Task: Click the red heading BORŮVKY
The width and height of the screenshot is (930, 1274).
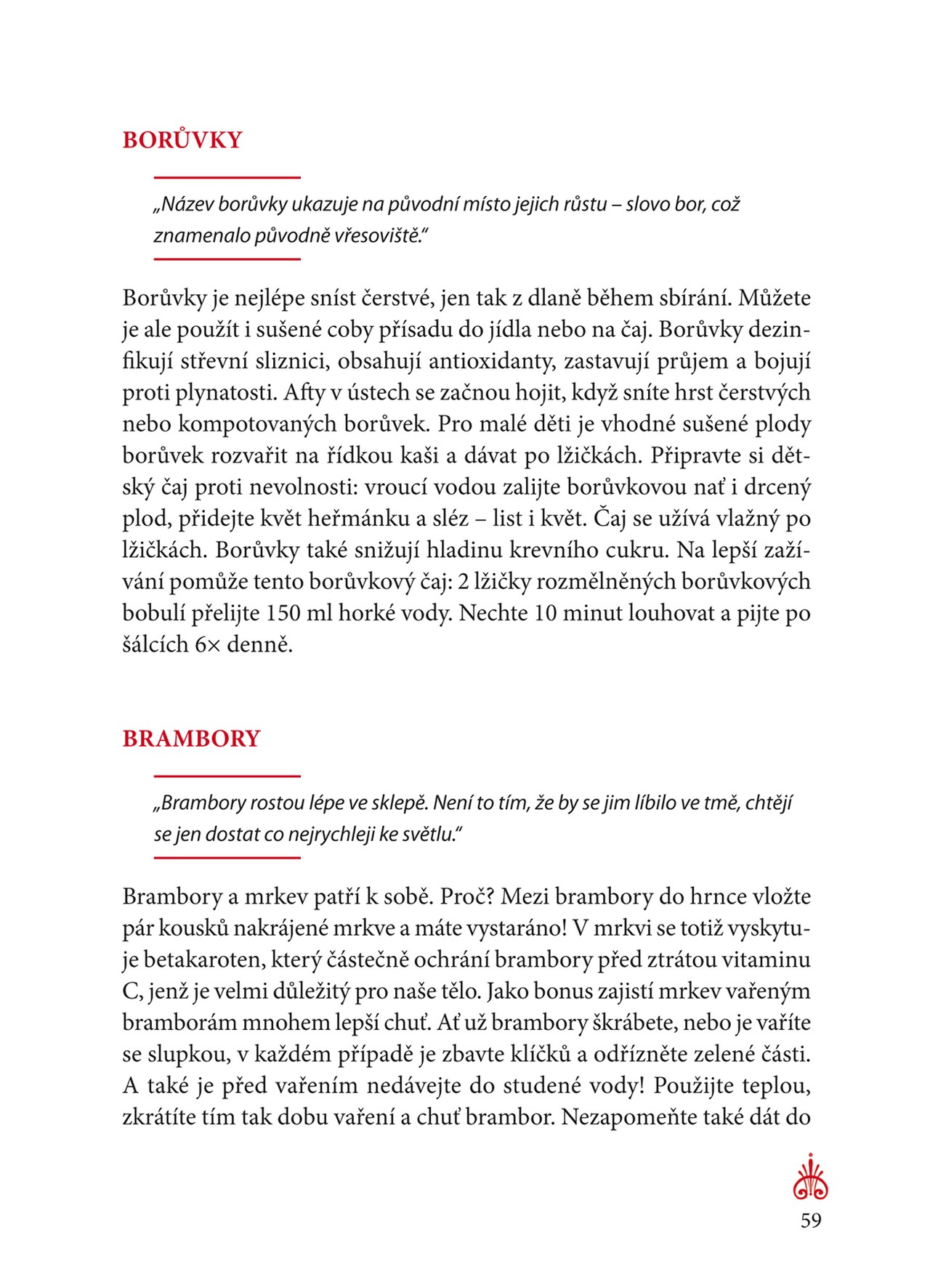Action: [182, 139]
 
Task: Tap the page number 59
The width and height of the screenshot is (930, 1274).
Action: [811, 1220]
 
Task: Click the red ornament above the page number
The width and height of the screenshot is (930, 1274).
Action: [811, 1177]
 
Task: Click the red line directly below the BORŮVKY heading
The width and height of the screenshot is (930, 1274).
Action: [227, 177]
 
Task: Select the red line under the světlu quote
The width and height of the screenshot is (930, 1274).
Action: [227, 858]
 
